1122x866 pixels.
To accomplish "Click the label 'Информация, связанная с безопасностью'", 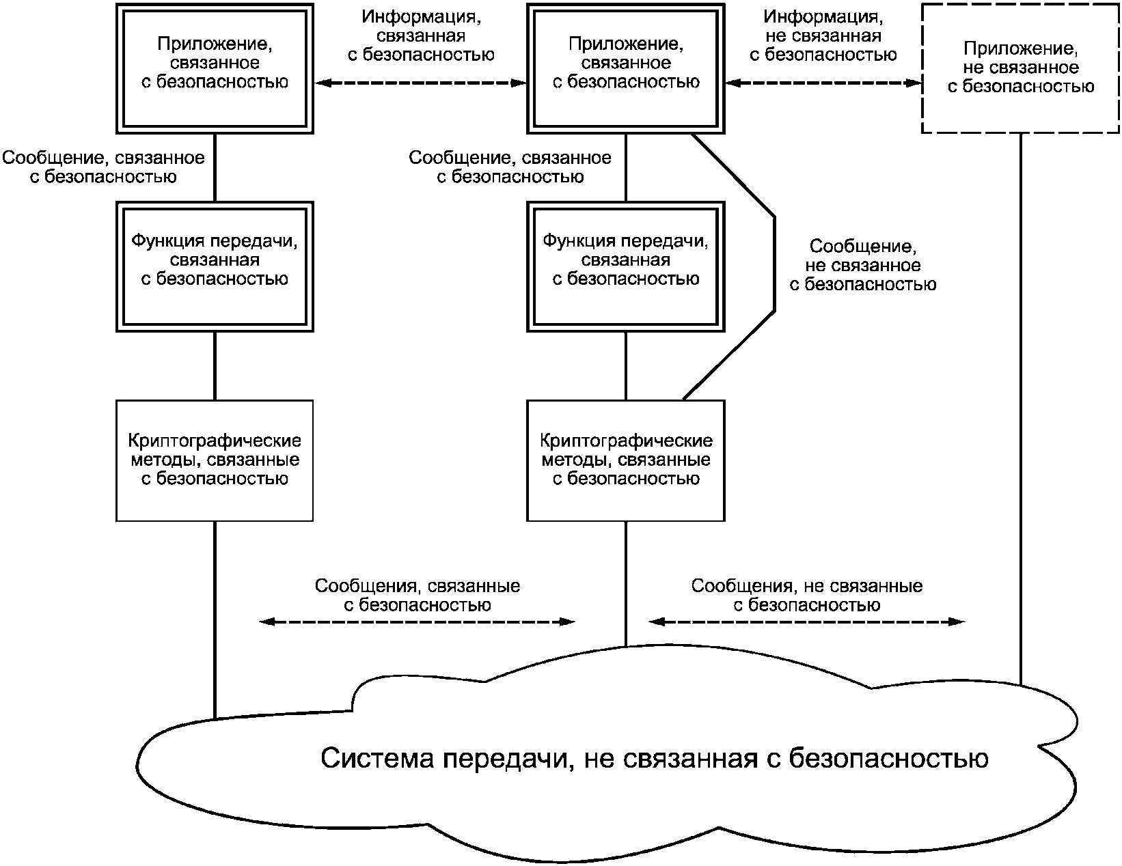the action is (x=421, y=36).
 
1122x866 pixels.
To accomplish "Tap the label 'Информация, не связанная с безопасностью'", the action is (x=823, y=36).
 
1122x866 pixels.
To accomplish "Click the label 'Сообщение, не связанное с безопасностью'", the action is (x=863, y=265).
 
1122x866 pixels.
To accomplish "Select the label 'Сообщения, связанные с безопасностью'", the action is (x=418, y=595).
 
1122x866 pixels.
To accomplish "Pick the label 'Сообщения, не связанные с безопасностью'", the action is (x=807, y=595).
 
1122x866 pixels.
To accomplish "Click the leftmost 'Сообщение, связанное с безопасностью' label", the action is (x=103, y=167).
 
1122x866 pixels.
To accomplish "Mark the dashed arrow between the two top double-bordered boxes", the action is (x=420, y=83).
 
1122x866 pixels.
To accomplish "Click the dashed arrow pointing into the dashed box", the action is (x=823, y=83).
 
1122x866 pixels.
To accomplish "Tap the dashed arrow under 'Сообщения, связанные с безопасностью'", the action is (x=417, y=622).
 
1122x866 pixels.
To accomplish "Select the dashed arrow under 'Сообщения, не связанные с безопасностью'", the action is (x=806, y=622).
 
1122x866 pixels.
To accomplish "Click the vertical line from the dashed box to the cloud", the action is (x=1021, y=409).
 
